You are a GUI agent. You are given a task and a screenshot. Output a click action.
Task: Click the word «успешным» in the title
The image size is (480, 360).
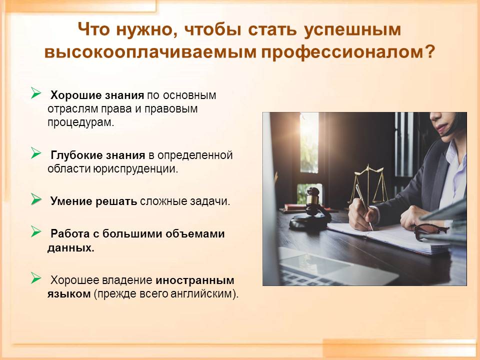pos(352,30)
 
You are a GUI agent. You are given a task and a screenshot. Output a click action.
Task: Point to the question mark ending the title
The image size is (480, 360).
pos(429,51)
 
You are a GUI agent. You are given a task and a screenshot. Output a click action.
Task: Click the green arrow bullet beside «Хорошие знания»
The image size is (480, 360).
pos(36,93)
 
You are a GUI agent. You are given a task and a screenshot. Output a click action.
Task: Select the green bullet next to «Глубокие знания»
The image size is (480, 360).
pos(36,153)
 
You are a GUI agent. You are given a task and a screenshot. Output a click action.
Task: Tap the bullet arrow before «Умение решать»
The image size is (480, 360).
pos(36,199)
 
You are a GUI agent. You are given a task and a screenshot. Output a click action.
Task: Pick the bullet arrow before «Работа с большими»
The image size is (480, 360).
pos(36,231)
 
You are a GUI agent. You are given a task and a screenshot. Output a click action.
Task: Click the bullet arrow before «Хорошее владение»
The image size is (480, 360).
pos(36,278)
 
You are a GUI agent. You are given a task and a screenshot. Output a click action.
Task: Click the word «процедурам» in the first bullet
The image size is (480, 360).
pos(80,123)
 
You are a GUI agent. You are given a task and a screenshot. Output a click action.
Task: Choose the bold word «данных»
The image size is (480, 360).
pos(70,247)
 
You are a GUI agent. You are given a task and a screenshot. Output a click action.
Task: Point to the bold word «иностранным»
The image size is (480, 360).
pos(195,280)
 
